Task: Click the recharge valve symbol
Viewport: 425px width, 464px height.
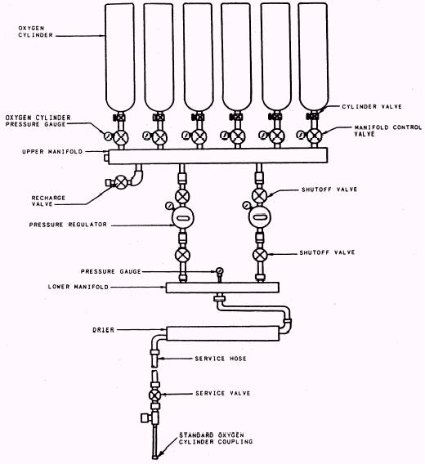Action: (121, 182)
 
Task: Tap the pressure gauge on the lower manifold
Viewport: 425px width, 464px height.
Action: (220, 270)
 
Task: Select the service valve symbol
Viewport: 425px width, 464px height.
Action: (155, 395)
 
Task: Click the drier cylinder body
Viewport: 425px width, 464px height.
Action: (223, 333)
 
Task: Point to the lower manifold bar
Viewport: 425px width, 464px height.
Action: (222, 288)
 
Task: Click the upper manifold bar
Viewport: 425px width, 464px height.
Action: (217, 156)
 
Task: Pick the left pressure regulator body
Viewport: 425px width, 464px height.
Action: (183, 218)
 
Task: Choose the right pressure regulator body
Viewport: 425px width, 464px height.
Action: (260, 217)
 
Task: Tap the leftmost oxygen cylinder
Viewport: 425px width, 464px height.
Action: (120, 57)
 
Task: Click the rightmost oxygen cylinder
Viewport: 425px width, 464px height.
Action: (313, 56)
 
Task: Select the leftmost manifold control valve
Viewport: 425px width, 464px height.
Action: (121, 137)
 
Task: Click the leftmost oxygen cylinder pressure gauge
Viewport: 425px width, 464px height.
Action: (107, 136)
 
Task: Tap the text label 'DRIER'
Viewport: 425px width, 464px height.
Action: (103, 330)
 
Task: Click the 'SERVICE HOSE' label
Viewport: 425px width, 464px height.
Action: (221, 359)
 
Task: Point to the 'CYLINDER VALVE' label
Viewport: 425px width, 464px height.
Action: (372, 106)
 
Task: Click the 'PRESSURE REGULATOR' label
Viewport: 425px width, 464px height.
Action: (68, 225)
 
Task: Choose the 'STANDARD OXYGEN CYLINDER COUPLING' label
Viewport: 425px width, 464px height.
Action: (216, 439)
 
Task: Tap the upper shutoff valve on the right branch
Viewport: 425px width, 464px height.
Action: (259, 195)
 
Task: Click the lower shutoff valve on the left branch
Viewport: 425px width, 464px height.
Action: (183, 255)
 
